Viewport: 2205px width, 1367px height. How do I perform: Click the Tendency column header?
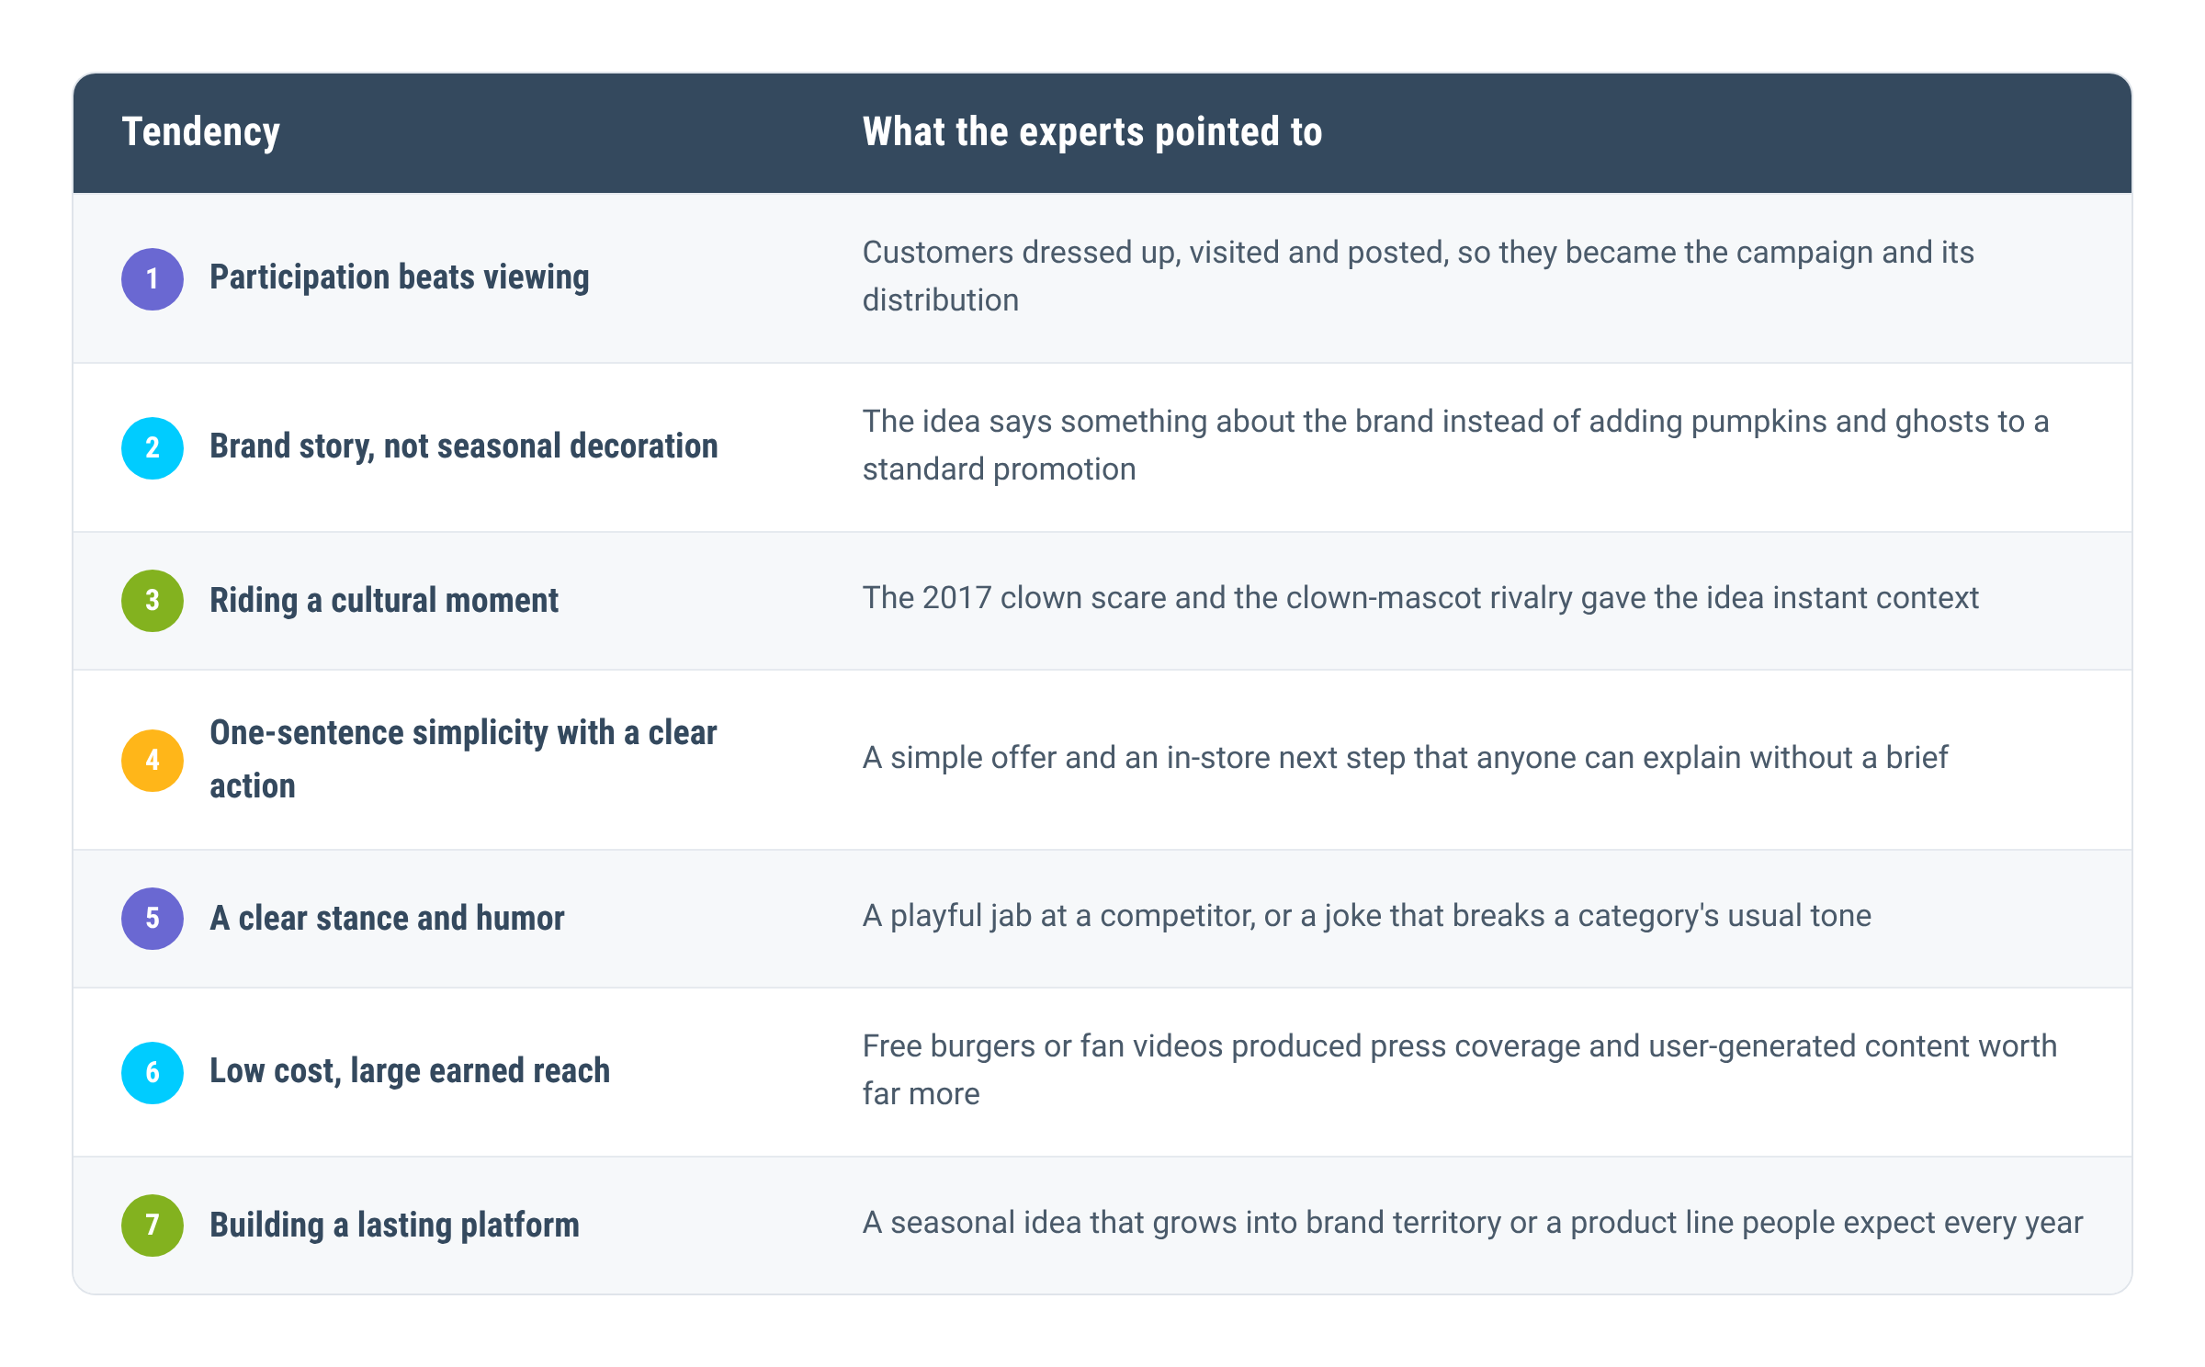click(x=200, y=132)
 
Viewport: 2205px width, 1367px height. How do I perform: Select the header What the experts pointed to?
click(x=1091, y=132)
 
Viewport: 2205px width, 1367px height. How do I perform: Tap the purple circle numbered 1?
click(x=153, y=278)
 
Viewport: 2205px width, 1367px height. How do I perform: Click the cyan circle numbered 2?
click(x=153, y=447)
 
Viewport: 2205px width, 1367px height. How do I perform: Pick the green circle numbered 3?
click(x=153, y=600)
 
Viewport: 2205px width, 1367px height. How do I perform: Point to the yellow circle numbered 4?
click(x=153, y=760)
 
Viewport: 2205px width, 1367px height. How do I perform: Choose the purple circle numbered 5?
click(x=153, y=918)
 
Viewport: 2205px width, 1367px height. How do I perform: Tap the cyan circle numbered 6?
click(x=153, y=1072)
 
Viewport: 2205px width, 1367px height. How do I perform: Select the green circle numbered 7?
click(x=153, y=1225)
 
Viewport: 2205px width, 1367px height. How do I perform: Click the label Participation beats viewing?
click(x=399, y=277)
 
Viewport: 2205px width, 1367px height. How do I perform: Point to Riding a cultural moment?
click(x=383, y=600)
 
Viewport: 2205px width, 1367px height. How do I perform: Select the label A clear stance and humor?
click(x=387, y=918)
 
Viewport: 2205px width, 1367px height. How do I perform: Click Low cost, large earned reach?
click(x=410, y=1071)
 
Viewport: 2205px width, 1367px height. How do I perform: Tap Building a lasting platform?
click(x=394, y=1225)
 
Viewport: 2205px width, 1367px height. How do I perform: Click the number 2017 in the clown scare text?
click(x=956, y=598)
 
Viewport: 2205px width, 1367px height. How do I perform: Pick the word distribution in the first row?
click(x=940, y=300)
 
